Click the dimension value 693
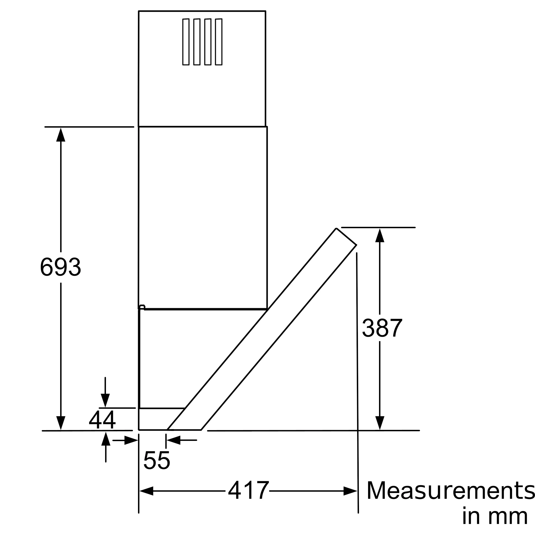point(60,267)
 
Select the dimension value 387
point(382,328)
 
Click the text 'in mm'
point(495,517)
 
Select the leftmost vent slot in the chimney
point(186,42)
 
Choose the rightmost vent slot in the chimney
point(219,42)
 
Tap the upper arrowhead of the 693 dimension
point(61,135)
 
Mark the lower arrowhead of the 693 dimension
point(61,423)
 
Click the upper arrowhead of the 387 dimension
point(380,235)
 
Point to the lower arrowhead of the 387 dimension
point(380,423)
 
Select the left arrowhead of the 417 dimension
point(146,491)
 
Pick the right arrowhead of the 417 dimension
point(350,491)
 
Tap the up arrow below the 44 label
point(106,439)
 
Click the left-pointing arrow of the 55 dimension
point(174,440)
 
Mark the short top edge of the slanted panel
point(346,236)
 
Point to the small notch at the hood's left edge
point(142,307)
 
